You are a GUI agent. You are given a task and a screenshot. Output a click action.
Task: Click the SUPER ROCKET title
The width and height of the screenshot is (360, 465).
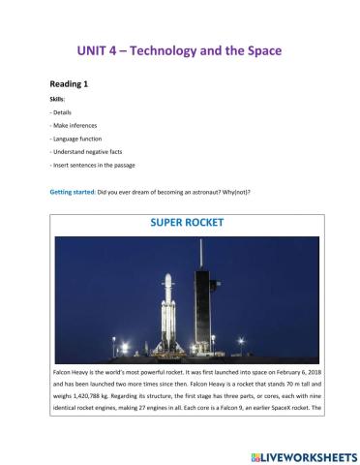click(187, 223)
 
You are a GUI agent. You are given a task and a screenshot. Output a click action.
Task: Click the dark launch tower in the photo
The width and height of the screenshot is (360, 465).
click(204, 300)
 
